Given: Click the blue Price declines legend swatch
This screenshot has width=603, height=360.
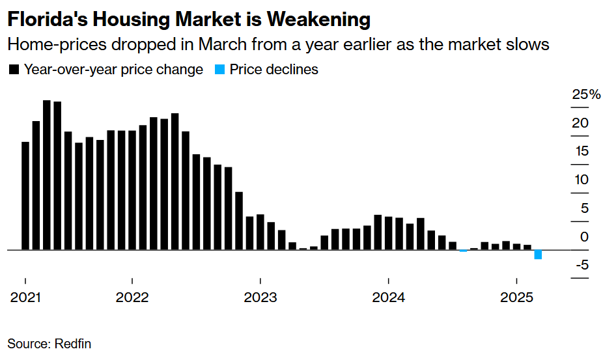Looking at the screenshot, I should click(219, 70).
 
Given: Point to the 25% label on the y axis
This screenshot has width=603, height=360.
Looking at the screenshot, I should click(586, 95).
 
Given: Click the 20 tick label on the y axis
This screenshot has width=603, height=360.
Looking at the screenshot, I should click(581, 123).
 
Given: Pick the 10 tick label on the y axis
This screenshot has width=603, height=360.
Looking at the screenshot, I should click(581, 180).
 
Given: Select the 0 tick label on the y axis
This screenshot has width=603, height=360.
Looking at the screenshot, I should click(584, 237).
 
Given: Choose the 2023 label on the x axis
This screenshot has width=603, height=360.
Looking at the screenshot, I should click(260, 298).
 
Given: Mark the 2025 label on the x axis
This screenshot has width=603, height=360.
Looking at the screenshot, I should click(516, 298).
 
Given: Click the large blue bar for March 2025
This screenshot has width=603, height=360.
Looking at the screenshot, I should click(538, 255).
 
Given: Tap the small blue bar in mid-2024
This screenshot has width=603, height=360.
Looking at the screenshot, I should click(464, 251).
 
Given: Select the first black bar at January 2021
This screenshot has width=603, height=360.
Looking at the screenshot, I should click(25, 196).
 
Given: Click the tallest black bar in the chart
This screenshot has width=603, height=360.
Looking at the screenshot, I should click(47, 175).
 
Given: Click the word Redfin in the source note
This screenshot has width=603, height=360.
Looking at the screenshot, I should click(73, 344).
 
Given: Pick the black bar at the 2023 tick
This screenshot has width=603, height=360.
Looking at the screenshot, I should click(260, 232).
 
